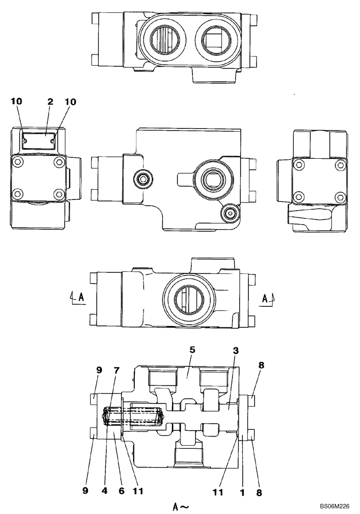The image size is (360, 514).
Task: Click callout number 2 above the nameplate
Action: [x=50, y=102]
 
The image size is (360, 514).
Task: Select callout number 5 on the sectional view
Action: [x=192, y=350]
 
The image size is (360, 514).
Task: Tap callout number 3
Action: [x=236, y=351]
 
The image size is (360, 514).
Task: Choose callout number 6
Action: [x=122, y=491]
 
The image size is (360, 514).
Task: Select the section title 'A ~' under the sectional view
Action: [x=181, y=507]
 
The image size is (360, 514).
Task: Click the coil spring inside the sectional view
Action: [x=134, y=416]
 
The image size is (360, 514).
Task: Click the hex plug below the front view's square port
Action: [x=229, y=213]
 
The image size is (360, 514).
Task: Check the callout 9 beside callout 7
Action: [x=99, y=369]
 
